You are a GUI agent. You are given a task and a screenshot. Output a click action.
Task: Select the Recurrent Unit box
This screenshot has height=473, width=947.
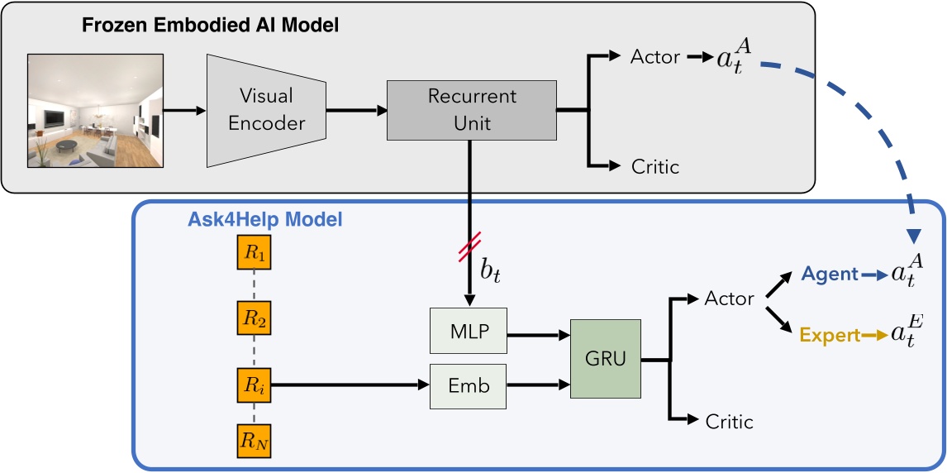[471, 109]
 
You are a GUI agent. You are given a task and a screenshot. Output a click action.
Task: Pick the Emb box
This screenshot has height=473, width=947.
[467, 385]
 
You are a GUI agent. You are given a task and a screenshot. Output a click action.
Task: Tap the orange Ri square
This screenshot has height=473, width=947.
[255, 385]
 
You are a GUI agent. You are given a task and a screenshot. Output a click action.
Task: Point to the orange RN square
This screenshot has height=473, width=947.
[255, 442]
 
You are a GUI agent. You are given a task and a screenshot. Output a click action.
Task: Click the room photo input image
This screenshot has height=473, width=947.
[98, 111]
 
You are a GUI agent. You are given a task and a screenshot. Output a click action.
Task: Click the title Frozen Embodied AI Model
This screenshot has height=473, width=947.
[210, 26]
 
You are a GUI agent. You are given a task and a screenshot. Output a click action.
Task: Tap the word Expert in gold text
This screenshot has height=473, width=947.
[830, 336]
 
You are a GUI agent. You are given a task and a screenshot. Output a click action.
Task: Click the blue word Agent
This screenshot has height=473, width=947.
[830, 275]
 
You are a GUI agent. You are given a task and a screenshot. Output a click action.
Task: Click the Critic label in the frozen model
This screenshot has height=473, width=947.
[654, 166]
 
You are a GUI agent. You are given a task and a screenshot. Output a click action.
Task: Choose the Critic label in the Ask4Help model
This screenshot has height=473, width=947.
[729, 422]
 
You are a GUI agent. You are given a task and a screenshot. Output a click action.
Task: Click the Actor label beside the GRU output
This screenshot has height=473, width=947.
[729, 298]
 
